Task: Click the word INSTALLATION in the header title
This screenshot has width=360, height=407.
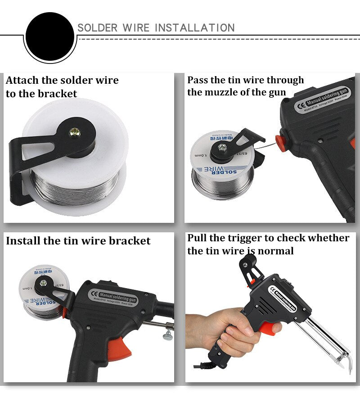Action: coord(194,28)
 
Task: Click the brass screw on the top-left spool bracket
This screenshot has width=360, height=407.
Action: coord(73,131)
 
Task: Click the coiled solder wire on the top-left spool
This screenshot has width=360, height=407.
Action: coord(72,187)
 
